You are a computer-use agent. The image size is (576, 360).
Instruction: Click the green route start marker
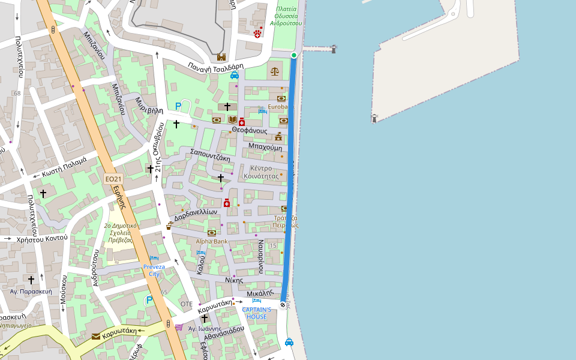pos(294,55)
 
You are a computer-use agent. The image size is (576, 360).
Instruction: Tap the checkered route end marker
pos(283,305)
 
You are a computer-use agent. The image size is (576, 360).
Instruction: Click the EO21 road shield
pos(113,179)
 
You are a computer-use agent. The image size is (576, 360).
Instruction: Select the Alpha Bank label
pos(212,241)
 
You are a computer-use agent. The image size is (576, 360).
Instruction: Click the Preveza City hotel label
pos(154,270)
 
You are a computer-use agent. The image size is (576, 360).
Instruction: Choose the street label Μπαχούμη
pos(265,146)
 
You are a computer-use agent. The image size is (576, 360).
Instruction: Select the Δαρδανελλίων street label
pos(196,214)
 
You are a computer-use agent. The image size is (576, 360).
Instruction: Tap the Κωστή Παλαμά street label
pos(64,166)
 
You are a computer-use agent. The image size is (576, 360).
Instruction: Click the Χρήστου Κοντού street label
pos(42,238)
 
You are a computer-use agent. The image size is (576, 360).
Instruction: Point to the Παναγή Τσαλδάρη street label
pos(215,67)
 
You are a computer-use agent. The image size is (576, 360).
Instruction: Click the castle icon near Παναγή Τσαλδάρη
pos(221,57)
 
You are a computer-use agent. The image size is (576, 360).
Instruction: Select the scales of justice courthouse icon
pos(275,71)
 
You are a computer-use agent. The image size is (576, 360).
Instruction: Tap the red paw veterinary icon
pos(257,34)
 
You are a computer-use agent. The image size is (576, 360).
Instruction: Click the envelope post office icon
pos(96,337)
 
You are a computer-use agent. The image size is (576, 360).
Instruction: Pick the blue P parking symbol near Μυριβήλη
pos(178,106)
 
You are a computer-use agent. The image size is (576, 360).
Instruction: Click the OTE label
pos(187,304)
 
